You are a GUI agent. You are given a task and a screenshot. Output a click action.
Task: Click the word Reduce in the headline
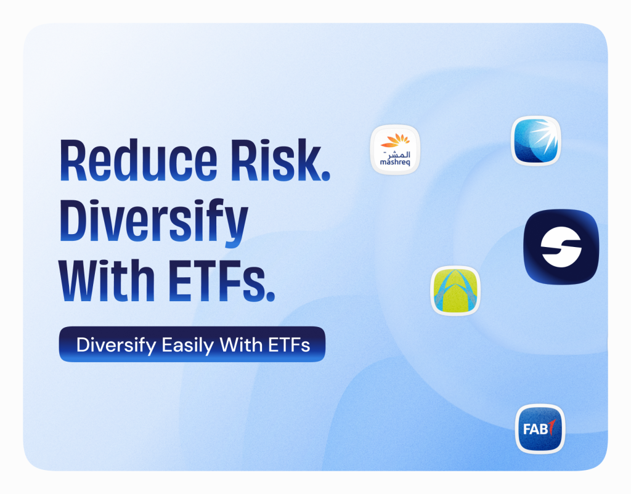tap(139, 161)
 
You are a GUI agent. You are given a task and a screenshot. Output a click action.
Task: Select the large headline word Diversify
tap(153, 222)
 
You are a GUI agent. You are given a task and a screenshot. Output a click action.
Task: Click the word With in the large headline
tap(107, 280)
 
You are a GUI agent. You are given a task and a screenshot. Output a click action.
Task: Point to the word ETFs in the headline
tap(216, 280)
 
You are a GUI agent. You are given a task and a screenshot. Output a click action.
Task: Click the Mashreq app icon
tap(395, 150)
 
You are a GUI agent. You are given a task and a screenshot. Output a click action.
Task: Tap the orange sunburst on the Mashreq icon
tap(395, 140)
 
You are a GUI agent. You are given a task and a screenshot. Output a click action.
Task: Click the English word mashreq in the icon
tap(395, 163)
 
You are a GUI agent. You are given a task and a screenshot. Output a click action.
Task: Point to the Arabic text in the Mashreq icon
tap(396, 154)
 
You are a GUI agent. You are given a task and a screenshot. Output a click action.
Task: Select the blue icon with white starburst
tap(535, 141)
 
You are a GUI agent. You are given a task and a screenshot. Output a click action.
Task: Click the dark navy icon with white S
tap(561, 246)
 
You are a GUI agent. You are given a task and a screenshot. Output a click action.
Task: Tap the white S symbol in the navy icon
tap(561, 247)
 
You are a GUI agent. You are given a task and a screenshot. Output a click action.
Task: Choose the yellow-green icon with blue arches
tap(455, 291)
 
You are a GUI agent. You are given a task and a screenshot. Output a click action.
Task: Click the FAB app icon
tap(540, 429)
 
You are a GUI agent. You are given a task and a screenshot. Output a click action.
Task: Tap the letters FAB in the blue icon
tap(535, 429)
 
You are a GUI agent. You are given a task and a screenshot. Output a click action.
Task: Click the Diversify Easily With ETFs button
tap(192, 344)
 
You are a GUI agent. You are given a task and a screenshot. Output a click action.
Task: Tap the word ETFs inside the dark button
tap(289, 345)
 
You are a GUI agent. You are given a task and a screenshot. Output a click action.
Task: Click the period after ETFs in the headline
tap(271, 296)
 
